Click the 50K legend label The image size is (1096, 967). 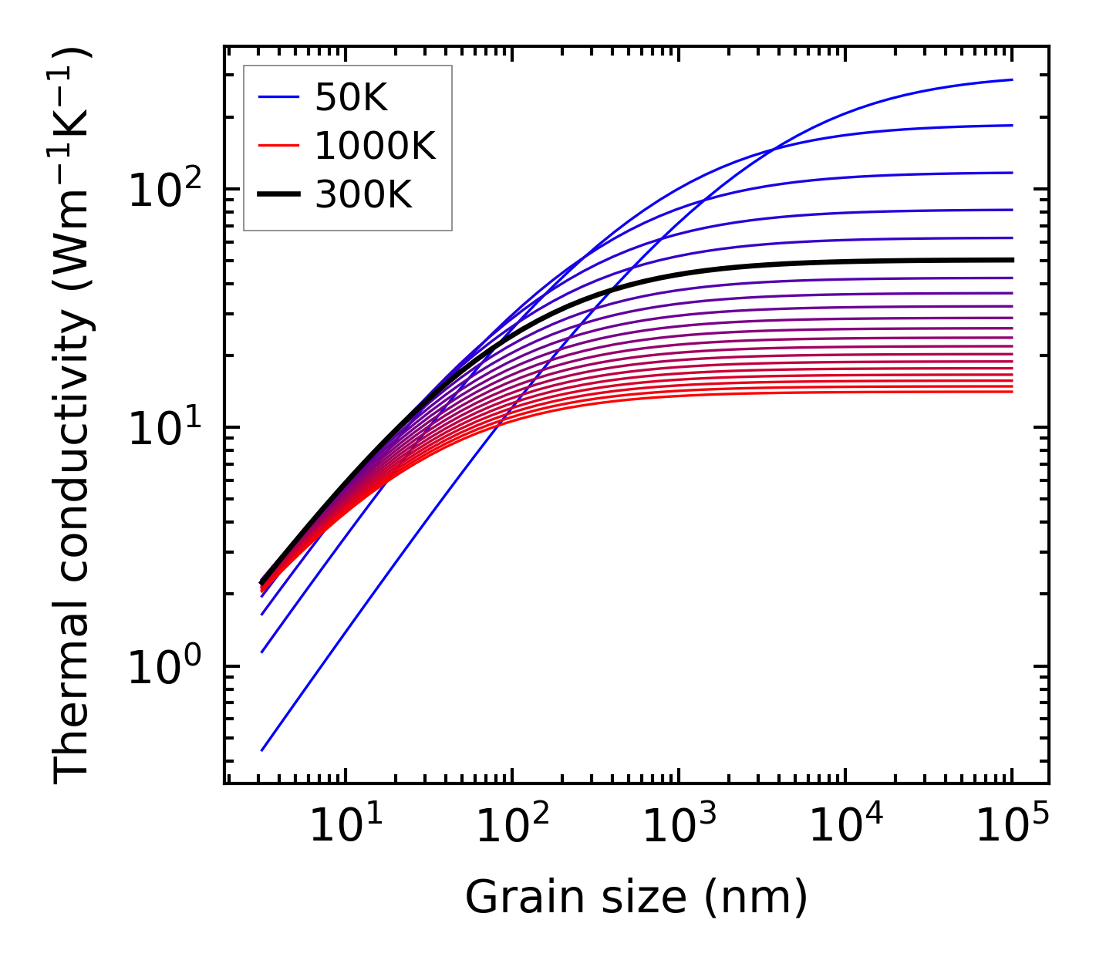[351, 98]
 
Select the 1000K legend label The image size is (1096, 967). [375, 146]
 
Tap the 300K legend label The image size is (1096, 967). [363, 196]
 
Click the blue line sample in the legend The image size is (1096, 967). [278, 98]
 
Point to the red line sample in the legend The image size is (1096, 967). [278, 146]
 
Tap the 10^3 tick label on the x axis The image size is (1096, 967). [679, 828]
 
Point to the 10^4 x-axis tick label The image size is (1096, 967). [845, 828]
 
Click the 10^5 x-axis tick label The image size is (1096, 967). [1012, 828]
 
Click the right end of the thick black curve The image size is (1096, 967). [1011, 260]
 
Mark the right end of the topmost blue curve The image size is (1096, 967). [1011, 79]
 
